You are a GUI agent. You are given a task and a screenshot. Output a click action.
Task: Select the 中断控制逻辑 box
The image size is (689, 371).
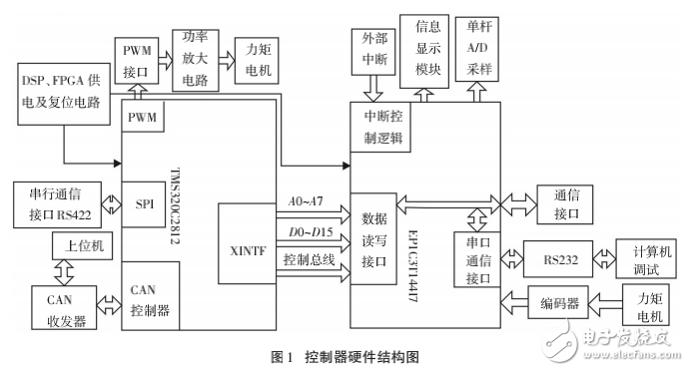381,128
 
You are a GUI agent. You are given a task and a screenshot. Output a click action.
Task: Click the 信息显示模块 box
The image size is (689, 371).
428,46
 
